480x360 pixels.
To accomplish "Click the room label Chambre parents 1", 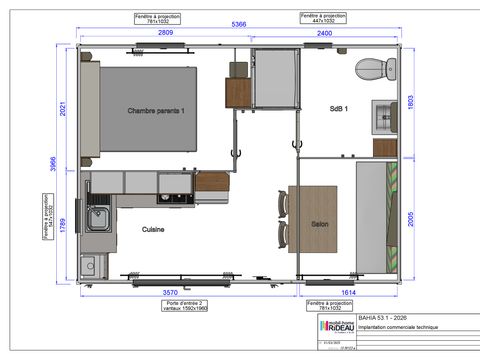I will click(163, 109).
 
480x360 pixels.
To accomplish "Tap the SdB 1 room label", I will click(339, 108).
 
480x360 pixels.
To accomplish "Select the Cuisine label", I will click(152, 229).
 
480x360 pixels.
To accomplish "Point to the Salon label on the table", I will click(320, 224).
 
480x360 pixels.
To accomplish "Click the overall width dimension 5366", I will click(240, 23).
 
